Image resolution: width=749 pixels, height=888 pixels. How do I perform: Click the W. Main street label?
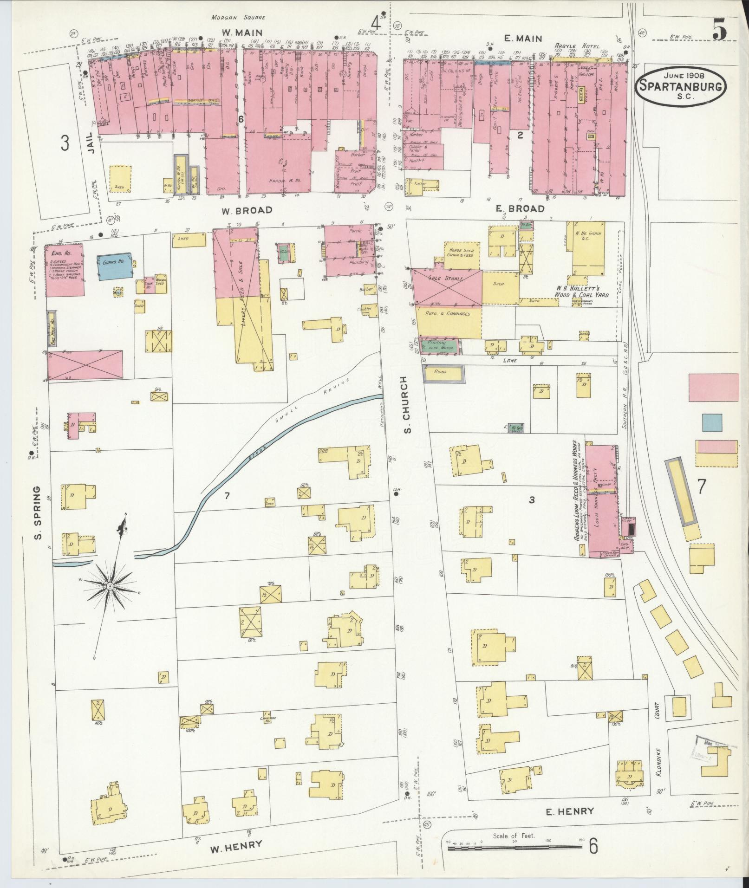(x=241, y=33)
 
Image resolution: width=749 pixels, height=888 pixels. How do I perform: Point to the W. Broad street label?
(x=247, y=210)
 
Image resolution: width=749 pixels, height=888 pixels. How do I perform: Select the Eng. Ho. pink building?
(x=65, y=270)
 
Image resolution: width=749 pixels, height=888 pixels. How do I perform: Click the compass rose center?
(x=110, y=587)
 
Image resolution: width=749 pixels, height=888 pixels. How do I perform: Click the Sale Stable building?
(x=447, y=288)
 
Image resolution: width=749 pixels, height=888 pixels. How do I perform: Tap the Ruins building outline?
(x=443, y=374)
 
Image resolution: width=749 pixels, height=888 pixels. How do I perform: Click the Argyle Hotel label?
(x=575, y=46)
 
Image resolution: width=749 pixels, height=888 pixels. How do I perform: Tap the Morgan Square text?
(x=238, y=17)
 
